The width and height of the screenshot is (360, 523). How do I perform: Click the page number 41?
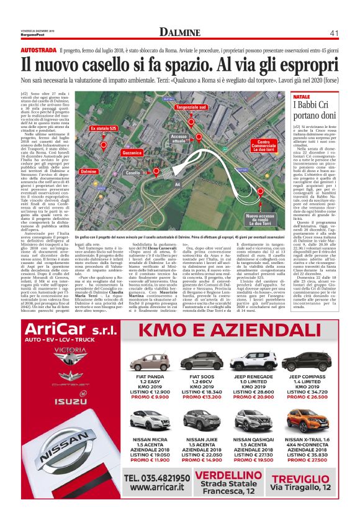click(x=333, y=32)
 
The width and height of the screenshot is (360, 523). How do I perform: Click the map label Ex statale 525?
click(x=104, y=129)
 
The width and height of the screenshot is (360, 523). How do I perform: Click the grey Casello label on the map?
click(x=133, y=173)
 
